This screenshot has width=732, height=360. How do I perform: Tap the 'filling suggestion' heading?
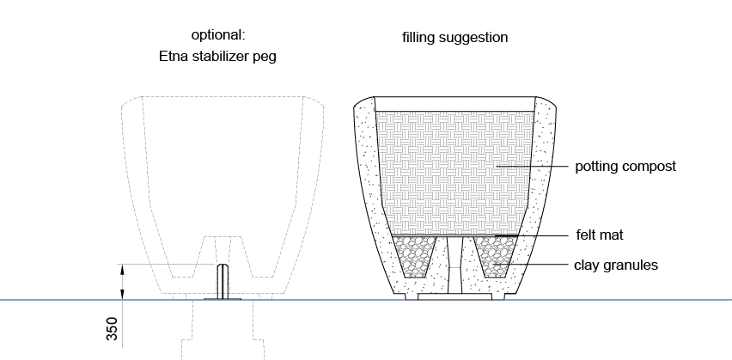[454, 38]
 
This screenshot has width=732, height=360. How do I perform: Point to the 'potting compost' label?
[625, 167]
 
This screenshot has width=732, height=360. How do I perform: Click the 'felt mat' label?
[599, 234]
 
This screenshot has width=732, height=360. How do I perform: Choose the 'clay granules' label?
[616, 265]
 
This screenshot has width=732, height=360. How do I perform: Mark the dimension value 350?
[113, 329]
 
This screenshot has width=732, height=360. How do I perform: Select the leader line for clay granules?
[541, 265]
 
